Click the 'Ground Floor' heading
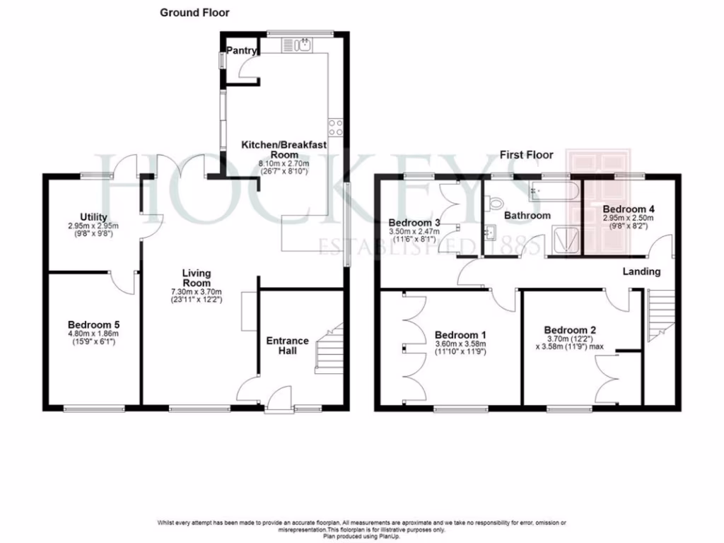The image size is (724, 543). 194,13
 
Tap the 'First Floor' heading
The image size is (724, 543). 526,155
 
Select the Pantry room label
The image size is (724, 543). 241,51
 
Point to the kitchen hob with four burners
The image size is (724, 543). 336,127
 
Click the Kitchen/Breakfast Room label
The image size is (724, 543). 284,149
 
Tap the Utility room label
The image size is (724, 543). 93,217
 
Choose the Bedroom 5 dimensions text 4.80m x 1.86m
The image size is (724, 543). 93,335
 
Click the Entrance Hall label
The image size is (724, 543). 287,346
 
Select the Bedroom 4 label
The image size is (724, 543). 628,209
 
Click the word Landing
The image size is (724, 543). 641,271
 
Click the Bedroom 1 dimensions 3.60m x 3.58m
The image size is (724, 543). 461,344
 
